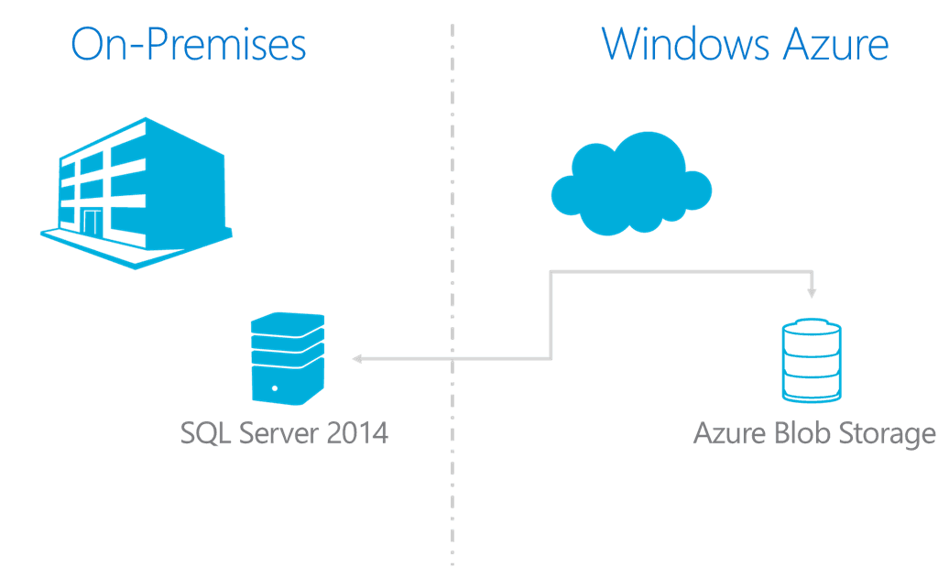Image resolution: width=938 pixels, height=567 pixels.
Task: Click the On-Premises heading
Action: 188,44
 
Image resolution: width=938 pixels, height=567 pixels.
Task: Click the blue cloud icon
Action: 631,182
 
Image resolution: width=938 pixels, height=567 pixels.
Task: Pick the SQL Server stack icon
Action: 288,357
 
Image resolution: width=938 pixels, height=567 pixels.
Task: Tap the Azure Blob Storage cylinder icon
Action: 812,359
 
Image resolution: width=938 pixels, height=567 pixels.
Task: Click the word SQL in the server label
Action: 206,432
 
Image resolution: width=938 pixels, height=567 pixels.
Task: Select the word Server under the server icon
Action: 278,432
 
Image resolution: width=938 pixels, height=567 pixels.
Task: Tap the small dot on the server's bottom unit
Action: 274,388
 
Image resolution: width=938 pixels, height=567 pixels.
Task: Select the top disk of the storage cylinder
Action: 812,327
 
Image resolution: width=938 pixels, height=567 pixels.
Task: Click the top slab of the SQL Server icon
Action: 288,322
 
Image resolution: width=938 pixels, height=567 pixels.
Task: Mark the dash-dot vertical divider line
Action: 453,275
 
